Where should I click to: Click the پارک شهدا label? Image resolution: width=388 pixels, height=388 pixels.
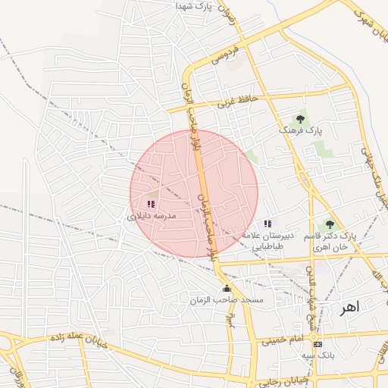tap(192, 6)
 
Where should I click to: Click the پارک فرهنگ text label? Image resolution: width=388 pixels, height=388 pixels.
tap(301, 131)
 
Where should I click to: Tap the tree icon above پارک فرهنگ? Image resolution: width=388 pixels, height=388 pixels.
tap(301, 118)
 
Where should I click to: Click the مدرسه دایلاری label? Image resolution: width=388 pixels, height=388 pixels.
tap(152, 216)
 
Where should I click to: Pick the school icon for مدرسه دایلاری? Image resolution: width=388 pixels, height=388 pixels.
tap(150, 204)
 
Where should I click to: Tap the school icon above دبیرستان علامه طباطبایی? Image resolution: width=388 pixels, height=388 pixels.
tap(267, 224)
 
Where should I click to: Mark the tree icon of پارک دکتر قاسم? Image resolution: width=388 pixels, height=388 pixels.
tap(329, 224)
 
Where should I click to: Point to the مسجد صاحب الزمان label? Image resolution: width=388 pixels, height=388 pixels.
tap(227, 301)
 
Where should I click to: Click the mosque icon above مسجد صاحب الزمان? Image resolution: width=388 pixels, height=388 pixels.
tap(227, 288)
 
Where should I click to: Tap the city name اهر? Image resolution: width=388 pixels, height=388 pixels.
tap(349, 308)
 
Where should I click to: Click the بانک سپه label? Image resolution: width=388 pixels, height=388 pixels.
tap(317, 355)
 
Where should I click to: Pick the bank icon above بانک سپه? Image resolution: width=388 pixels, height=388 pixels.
tap(317, 342)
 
